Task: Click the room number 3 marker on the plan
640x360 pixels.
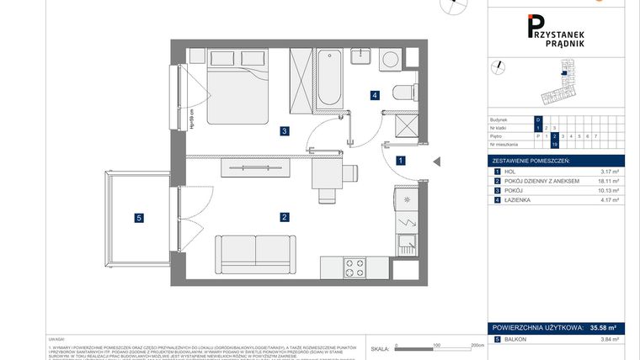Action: point(285,130)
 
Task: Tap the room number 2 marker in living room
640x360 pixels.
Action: point(285,217)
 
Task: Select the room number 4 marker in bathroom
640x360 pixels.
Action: point(374,96)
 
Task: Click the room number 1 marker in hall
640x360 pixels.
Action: point(402,160)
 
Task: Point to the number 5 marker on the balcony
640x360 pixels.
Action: point(139,219)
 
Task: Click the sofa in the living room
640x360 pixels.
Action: point(256,250)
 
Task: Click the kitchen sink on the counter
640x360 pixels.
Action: point(405,245)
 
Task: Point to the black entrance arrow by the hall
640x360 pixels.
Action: point(435,161)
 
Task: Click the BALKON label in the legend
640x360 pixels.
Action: point(517,339)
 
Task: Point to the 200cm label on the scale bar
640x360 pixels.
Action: point(476,345)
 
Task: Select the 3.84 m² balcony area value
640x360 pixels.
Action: point(609,339)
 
